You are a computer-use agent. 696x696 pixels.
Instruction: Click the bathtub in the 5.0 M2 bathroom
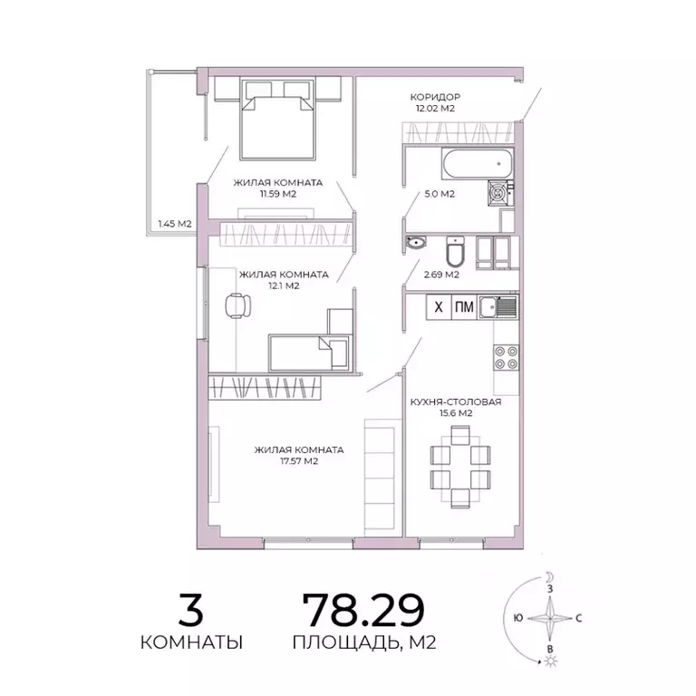(x=477, y=166)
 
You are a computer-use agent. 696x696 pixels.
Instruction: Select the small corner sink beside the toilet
(x=418, y=242)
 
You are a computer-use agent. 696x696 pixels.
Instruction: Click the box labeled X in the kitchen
(x=439, y=307)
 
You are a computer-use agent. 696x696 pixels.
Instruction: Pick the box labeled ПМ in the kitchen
(x=464, y=307)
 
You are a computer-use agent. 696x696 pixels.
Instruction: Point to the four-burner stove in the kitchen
(x=506, y=357)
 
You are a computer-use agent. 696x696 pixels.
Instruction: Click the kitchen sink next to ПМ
(x=498, y=307)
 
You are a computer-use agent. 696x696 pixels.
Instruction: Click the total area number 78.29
(x=362, y=610)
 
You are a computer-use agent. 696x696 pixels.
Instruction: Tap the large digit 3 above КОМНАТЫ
(x=190, y=610)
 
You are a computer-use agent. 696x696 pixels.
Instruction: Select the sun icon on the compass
(x=549, y=663)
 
